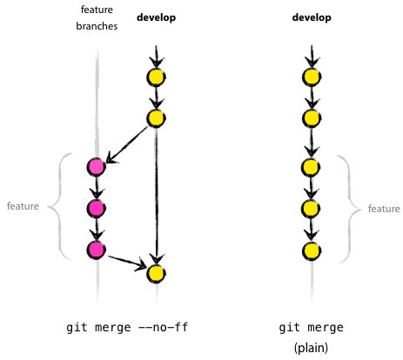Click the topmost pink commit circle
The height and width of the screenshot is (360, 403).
click(x=97, y=166)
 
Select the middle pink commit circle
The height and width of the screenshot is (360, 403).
click(x=97, y=208)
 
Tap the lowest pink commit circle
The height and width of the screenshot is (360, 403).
click(x=97, y=250)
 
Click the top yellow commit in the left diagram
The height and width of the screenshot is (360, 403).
click(x=156, y=77)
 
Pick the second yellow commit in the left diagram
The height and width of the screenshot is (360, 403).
click(x=156, y=118)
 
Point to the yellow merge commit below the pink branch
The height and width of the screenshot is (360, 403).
click(x=156, y=273)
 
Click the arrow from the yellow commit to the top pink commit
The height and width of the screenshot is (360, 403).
click(x=129, y=142)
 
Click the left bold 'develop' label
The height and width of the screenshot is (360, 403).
click(x=156, y=17)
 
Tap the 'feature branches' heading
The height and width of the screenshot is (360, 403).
click(x=97, y=17)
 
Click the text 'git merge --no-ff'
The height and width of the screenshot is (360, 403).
click(x=127, y=329)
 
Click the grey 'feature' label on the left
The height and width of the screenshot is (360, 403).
click(x=23, y=207)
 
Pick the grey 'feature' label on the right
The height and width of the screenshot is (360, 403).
click(x=384, y=209)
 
